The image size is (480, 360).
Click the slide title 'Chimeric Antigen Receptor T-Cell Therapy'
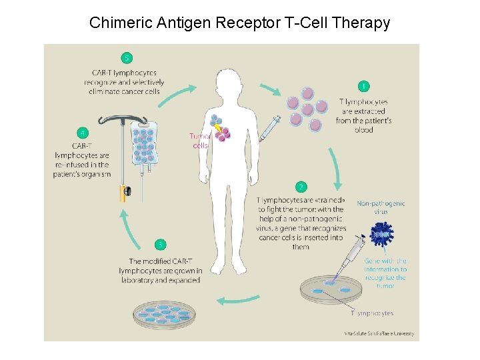(239, 23)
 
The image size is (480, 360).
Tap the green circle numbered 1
(363, 86)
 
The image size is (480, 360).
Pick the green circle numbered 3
(160, 245)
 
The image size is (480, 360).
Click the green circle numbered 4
(82, 133)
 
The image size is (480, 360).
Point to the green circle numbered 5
(126, 57)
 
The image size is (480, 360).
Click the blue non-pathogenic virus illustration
(382, 235)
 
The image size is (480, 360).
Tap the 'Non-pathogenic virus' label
(381, 207)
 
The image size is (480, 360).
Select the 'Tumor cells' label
(200, 141)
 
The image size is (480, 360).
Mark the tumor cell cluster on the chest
(221, 129)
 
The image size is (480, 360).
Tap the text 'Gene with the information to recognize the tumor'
(385, 273)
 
